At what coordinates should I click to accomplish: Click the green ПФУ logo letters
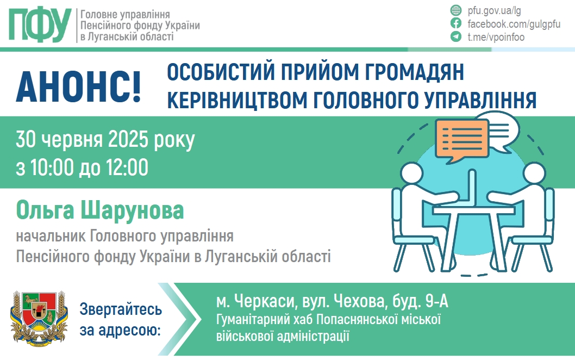coord(40,25)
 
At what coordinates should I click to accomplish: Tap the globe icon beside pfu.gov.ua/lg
coord(456,10)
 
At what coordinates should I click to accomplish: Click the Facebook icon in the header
coord(456,23)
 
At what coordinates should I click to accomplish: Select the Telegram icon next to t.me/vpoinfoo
coord(456,36)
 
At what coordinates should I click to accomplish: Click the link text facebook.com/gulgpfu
coord(514,24)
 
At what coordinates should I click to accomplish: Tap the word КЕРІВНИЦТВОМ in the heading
coord(237,100)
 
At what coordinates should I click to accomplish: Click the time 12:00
coord(127,167)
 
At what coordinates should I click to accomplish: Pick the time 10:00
coord(51,167)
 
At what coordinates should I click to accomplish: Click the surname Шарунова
coord(133,210)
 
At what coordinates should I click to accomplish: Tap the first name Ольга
coord(45,210)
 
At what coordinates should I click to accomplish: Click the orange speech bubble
coord(462,140)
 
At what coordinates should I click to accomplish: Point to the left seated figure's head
coord(411,173)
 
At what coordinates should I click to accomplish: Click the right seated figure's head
coord(534,173)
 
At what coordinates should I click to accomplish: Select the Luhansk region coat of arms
coord(39,319)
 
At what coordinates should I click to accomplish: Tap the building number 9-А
coord(437,301)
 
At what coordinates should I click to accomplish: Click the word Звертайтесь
coord(121,309)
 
